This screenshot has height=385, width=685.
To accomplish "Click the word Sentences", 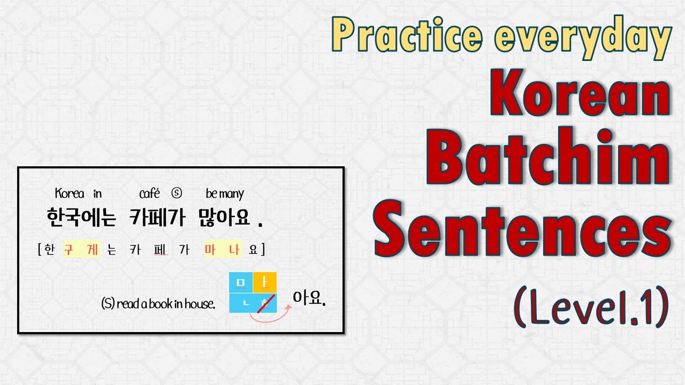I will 523,231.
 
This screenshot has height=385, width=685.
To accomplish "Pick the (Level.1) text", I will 591,306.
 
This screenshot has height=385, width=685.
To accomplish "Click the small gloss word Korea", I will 69,194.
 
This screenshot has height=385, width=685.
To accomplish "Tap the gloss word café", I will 149,194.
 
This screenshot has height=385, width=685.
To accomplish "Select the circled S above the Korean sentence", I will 177,194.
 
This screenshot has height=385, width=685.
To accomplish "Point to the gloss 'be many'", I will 225,194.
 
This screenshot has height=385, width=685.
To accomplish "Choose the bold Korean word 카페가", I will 156,219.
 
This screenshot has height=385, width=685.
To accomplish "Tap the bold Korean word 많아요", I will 224,219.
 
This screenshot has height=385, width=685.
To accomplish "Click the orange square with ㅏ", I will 264,282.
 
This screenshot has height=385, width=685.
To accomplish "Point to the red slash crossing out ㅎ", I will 265,303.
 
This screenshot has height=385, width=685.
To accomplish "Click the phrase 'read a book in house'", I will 165,304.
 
